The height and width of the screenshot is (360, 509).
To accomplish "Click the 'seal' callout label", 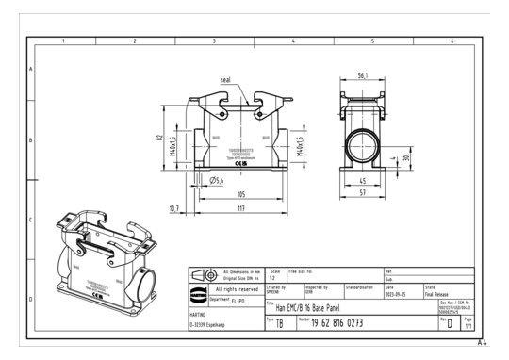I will pos(225,81).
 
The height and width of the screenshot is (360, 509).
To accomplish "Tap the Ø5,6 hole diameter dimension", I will pos(216,180).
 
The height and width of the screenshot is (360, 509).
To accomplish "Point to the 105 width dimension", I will pos(241,194).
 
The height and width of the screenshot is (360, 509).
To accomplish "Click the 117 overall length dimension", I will pos(241,207).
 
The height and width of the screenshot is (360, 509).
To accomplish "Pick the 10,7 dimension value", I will pos(173,207).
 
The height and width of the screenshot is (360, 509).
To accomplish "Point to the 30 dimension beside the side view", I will pos(406,157).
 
